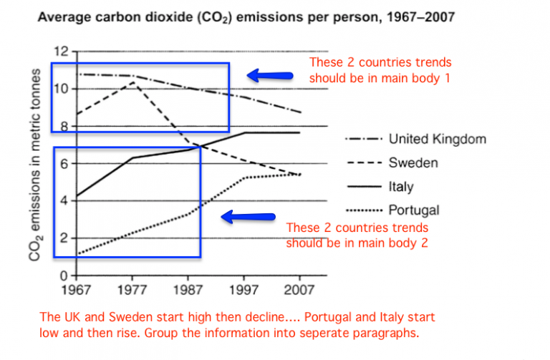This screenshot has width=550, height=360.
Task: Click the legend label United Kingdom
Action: point(438,139)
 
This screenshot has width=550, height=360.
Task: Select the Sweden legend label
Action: point(413,162)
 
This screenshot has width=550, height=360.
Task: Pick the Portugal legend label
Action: point(414,210)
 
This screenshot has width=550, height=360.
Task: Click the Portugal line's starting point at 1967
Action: point(74,254)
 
